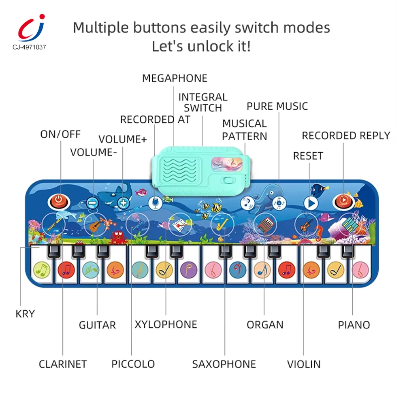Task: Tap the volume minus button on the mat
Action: click(93, 202)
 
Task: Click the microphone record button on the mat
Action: click(156, 202)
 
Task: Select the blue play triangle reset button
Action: click(311, 202)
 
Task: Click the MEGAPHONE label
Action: click(175, 78)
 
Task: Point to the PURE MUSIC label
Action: click(277, 106)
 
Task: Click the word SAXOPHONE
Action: click(224, 364)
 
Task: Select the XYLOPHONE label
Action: click(166, 324)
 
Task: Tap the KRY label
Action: click(25, 313)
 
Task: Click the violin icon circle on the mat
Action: click(307, 224)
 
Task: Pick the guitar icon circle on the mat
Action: click(96, 224)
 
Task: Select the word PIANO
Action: click(354, 324)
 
